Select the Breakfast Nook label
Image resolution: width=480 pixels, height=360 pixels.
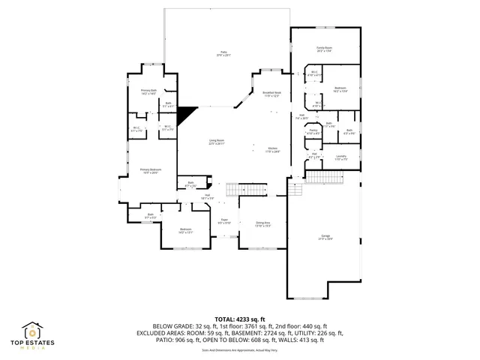[271, 94]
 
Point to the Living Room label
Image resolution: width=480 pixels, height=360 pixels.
[217, 142]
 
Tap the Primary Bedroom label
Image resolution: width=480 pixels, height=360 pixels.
[151, 171]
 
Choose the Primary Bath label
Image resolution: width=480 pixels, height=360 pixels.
[148, 91]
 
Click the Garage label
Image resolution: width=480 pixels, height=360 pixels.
[325, 238]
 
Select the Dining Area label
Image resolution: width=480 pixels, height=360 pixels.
[262, 223]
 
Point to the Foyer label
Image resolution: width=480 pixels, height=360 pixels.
[223, 221]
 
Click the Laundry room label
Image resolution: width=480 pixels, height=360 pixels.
[341, 158]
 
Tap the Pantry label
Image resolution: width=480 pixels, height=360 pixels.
[313, 132]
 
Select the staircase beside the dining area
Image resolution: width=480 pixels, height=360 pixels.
[247, 189]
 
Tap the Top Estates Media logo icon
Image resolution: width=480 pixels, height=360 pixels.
[32, 331]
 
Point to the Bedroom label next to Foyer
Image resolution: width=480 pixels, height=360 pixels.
[185, 230]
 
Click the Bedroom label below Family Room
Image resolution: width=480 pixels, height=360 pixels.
[340, 89]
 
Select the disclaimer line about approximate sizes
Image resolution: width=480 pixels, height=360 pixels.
[239, 350]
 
